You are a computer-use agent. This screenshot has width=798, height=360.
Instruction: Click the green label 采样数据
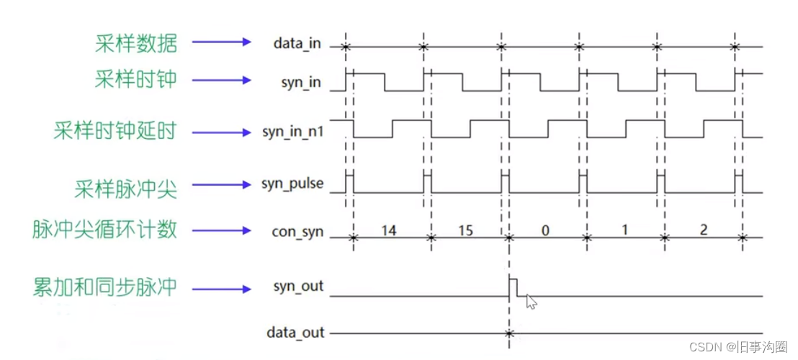coord(135,43)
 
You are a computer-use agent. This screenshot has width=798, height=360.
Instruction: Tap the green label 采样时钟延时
coord(115,132)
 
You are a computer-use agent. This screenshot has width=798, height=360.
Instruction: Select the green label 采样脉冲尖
coord(125,189)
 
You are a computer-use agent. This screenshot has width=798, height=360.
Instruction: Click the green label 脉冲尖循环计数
coord(104,230)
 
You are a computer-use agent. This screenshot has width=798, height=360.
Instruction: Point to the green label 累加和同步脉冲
coord(104,287)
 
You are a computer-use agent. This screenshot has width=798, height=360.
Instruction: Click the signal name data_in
coord(297,44)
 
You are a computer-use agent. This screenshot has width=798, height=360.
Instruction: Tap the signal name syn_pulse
coord(292,184)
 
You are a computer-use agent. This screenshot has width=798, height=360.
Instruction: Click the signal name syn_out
coord(298,287)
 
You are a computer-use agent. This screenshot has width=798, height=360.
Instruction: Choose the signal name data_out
coord(295,333)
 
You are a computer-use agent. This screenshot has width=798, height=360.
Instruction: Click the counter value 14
coord(390,230)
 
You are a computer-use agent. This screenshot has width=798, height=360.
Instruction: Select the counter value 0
coord(545,230)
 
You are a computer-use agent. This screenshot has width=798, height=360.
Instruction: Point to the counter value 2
coord(703,230)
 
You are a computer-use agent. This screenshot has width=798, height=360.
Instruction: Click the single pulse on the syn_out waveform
coord(513,285)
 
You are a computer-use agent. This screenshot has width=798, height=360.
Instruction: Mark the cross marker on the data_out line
coord(508,333)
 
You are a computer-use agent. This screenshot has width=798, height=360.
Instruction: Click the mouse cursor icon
coord(531,301)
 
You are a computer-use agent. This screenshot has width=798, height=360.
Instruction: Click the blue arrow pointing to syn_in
coord(223,80)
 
